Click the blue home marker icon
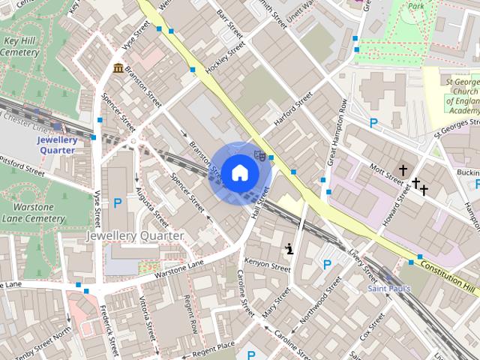(x=238, y=172)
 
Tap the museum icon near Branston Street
(x=118, y=69)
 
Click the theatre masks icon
(x=259, y=156)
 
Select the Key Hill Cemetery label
(x=19, y=46)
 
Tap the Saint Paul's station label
(x=388, y=288)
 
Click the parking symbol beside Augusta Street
(x=118, y=202)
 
